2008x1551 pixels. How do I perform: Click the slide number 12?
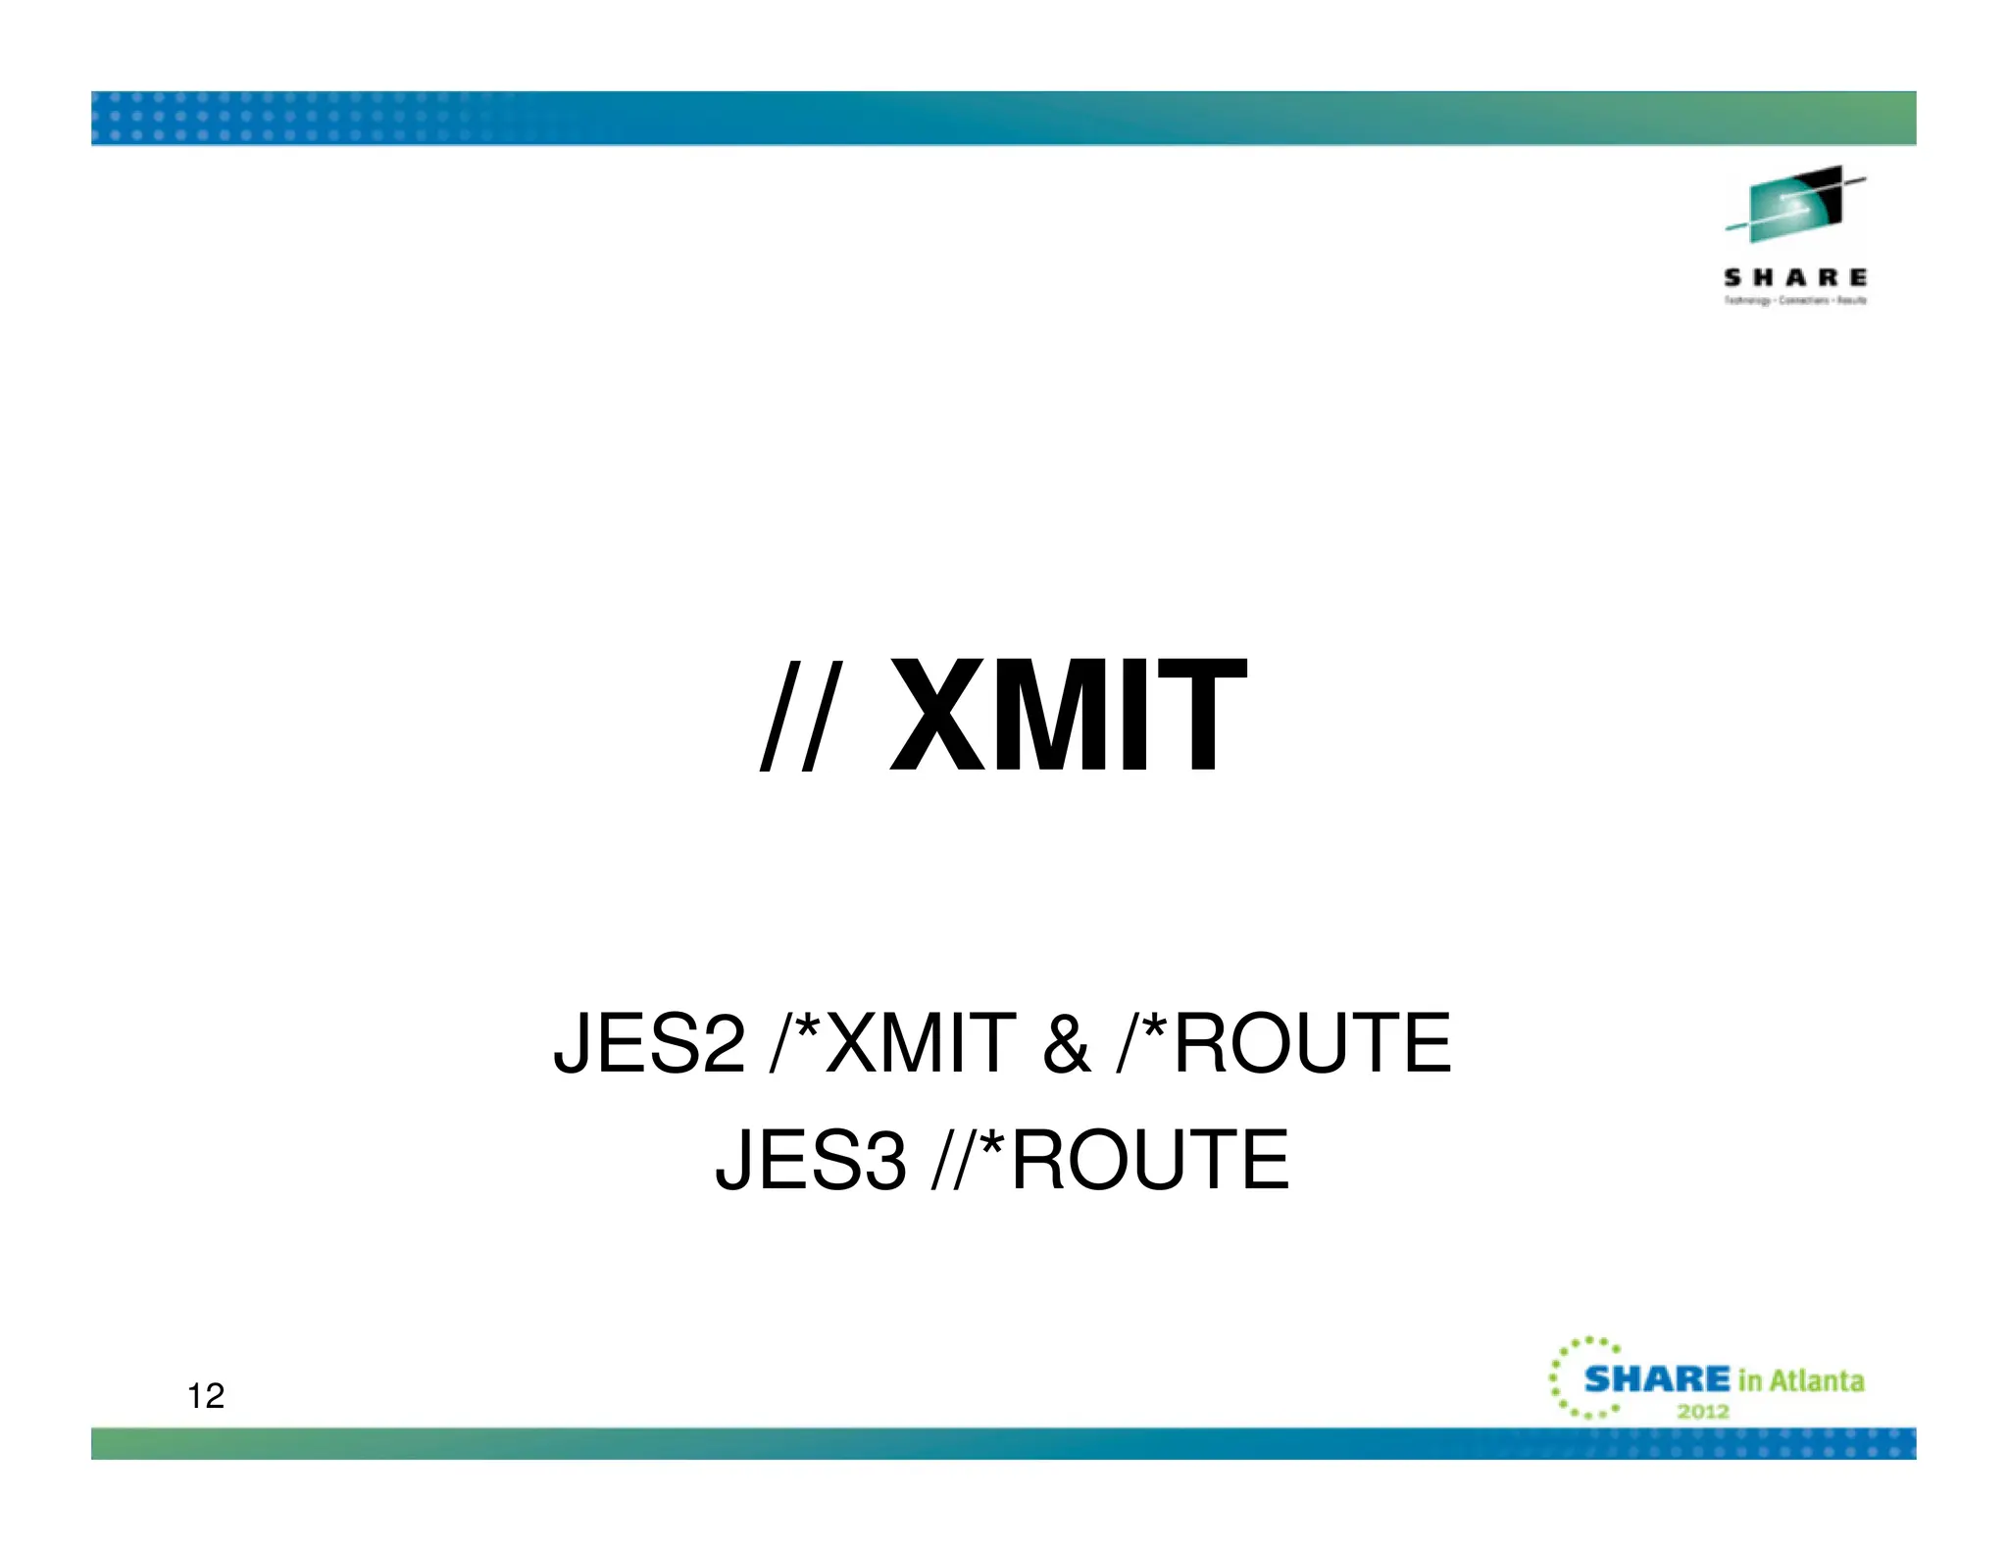[206, 1396]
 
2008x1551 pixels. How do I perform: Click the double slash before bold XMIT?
[799, 714]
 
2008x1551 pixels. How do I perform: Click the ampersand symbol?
[1067, 1043]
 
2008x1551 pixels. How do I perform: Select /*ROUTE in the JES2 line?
[1284, 1043]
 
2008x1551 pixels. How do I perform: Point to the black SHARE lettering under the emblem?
[1795, 278]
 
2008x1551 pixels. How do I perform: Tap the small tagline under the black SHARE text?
[1795, 301]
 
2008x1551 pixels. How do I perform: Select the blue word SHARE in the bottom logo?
[1657, 1379]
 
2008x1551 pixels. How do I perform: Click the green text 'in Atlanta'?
[1801, 1381]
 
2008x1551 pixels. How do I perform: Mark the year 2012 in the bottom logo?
[1703, 1412]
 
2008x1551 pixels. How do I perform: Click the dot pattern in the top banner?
[294, 118]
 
